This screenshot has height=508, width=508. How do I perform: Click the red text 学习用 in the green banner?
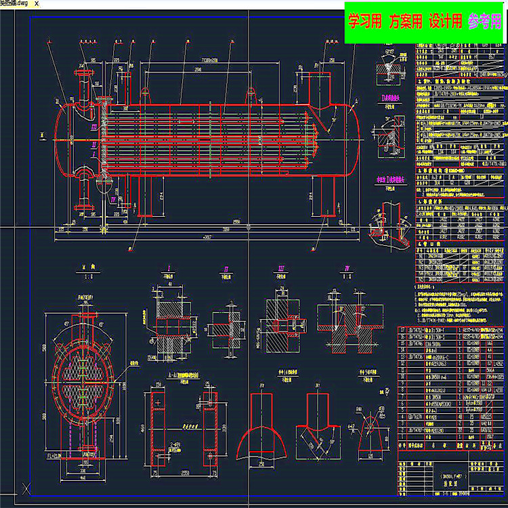[364, 22]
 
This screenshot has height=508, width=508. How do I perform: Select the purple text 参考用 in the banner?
[484, 22]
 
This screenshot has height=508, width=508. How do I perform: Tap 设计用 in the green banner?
[445, 22]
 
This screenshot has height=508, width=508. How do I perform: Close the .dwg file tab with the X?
[46, 4]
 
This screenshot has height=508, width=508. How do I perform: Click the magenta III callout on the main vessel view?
[94, 127]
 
